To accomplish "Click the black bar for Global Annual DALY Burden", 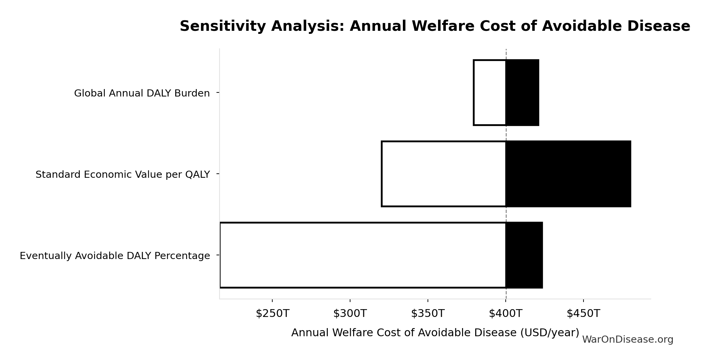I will click(x=522, y=92).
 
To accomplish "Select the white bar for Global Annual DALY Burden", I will click(x=489, y=92).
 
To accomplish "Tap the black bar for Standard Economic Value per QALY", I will click(x=568, y=174).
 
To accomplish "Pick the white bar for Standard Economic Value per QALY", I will click(x=443, y=174).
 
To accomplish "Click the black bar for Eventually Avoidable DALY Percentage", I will click(x=524, y=255).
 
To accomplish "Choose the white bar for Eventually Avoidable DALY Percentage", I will click(x=363, y=255).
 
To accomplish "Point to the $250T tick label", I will click(x=272, y=314).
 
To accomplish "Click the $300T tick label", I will click(x=350, y=314).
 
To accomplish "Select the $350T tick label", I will click(x=428, y=314).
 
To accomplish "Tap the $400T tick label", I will click(x=505, y=314).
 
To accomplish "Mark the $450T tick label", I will click(x=583, y=314).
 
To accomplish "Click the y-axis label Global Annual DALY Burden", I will click(x=142, y=93).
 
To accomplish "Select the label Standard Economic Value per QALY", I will click(x=122, y=174).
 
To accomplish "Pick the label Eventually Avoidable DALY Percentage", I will click(x=115, y=256).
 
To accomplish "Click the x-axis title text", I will click(x=435, y=333).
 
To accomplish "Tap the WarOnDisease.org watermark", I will click(x=627, y=340).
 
